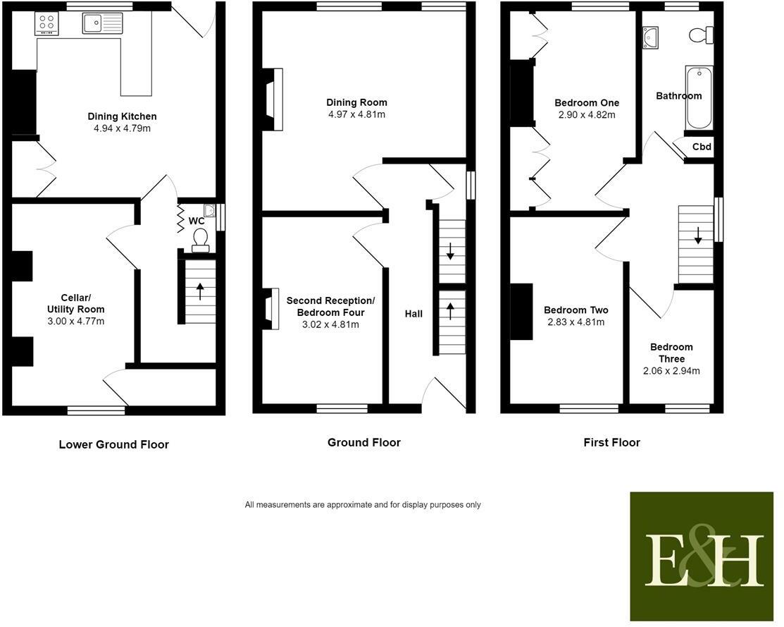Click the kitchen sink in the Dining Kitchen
click(x=103, y=23)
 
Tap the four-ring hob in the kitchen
click(x=46, y=23)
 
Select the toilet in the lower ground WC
click(x=201, y=240)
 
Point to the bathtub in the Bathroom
click(x=699, y=97)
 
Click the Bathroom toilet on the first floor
click(x=702, y=35)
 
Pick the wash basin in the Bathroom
click(x=650, y=38)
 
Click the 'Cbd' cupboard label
click(x=702, y=147)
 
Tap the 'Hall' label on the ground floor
click(x=413, y=314)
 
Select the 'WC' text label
click(x=197, y=221)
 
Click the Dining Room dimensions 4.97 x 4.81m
click(x=356, y=114)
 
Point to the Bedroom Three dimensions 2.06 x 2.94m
click(x=671, y=371)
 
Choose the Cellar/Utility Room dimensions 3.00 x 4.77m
click(x=76, y=321)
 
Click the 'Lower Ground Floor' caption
click(x=114, y=445)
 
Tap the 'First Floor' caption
click(x=612, y=443)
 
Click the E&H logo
click(x=702, y=556)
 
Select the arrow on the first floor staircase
click(x=698, y=236)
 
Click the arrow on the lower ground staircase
click(x=200, y=291)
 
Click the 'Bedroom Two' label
click(x=576, y=310)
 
